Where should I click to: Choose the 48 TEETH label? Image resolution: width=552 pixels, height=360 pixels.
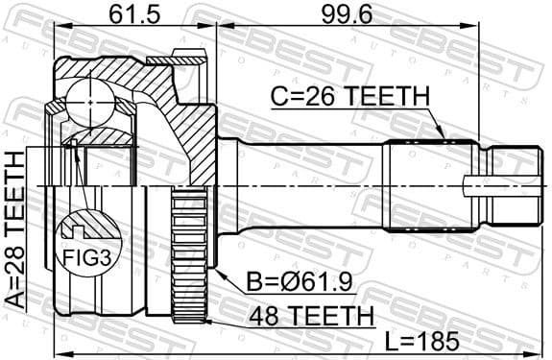tap(302, 314)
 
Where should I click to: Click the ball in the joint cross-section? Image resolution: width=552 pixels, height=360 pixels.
tap(88, 100)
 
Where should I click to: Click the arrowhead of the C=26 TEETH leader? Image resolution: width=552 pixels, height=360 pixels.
tap(443, 139)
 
